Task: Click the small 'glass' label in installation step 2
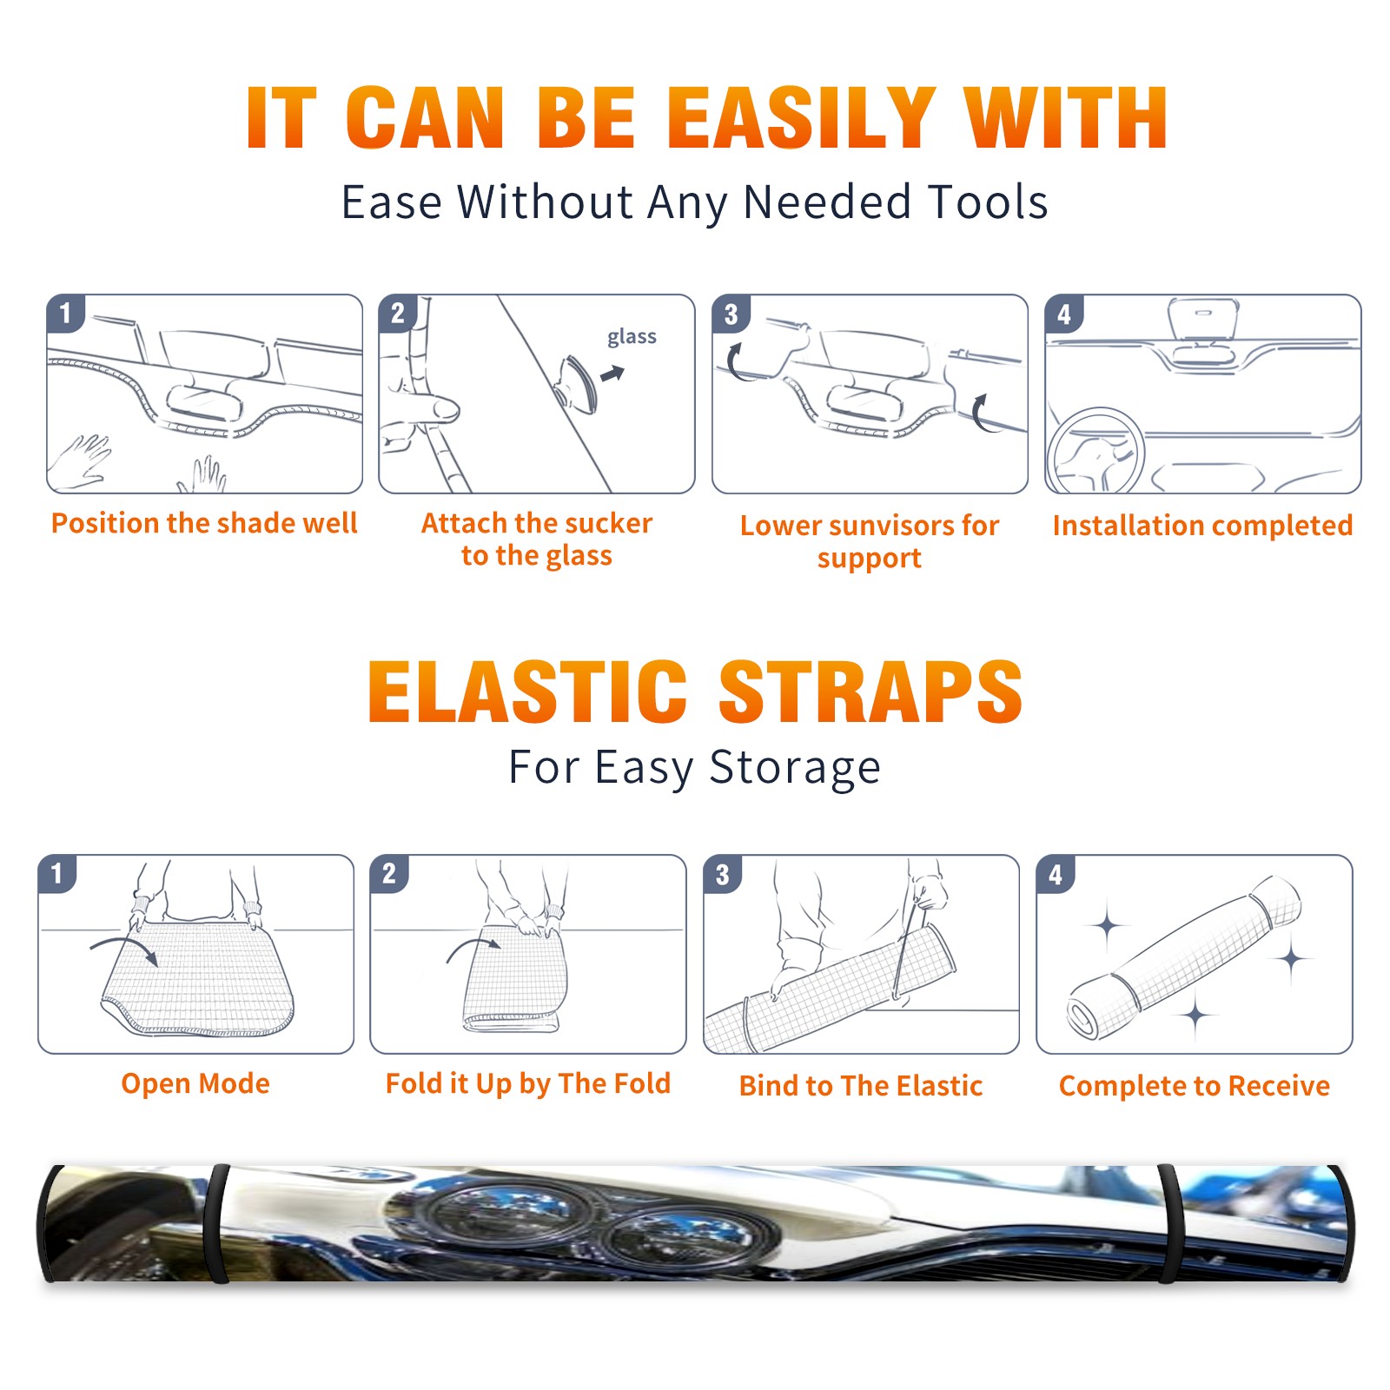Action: tap(632, 337)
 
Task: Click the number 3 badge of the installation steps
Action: tap(731, 314)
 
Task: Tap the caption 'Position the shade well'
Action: tap(204, 523)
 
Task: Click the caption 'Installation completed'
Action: tap(1202, 526)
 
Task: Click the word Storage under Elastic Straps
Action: tap(795, 767)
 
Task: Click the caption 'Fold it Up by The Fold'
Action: tap(528, 1083)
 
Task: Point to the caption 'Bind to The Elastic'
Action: tap(861, 1086)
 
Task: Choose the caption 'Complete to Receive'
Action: tap(1195, 1086)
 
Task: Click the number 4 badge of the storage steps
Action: tap(1056, 874)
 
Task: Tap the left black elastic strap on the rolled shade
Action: tap(217, 1223)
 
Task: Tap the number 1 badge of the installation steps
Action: tap(65, 313)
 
